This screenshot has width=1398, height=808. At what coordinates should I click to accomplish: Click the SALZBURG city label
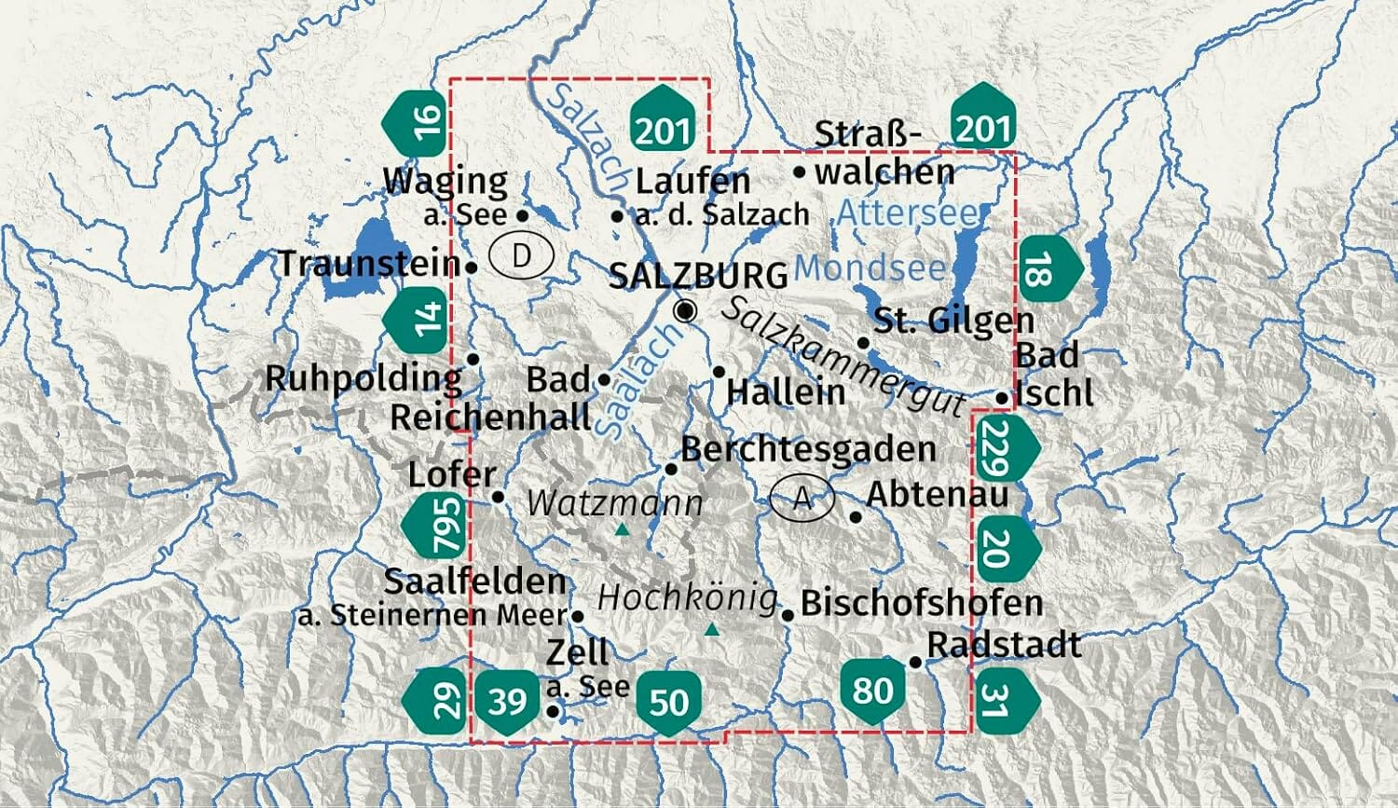click(698, 276)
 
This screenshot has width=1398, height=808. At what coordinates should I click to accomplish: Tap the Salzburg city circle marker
click(685, 311)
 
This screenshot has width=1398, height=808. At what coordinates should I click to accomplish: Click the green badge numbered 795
click(438, 526)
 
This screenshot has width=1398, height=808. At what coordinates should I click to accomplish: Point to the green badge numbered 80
click(872, 691)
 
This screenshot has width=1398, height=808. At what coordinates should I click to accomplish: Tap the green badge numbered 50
click(668, 702)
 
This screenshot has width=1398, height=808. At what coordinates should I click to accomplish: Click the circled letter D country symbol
click(522, 255)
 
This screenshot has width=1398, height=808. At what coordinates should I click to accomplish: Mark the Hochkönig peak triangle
click(713, 630)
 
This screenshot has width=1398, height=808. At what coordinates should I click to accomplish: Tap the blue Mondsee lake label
click(870, 268)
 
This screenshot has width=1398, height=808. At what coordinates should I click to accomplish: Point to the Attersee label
click(908, 212)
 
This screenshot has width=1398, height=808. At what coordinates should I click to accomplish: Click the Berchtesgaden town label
click(808, 449)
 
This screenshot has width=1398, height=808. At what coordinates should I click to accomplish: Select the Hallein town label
click(786, 391)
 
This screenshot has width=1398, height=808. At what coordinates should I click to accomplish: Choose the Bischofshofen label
click(921, 603)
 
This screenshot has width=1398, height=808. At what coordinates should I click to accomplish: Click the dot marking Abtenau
click(857, 516)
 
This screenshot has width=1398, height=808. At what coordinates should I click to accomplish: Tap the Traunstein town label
click(369, 264)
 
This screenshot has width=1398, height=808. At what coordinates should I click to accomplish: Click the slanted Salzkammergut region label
click(843, 356)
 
